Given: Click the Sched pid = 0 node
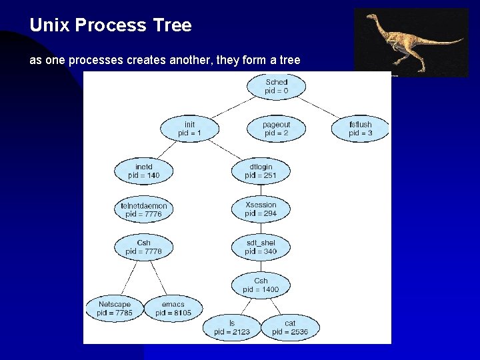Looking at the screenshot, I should click(x=276, y=86).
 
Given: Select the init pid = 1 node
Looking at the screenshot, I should click(x=189, y=129).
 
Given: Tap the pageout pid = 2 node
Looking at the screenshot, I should click(x=276, y=129).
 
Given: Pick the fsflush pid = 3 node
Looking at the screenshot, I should click(x=360, y=129).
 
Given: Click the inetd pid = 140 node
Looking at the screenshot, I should click(x=144, y=171).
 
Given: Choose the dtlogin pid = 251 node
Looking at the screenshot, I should click(x=261, y=171).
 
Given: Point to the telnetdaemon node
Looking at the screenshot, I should click(x=144, y=210).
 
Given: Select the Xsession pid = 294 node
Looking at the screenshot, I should click(x=261, y=209).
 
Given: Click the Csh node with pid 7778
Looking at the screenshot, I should click(x=144, y=247).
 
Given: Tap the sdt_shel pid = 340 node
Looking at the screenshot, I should click(x=261, y=247).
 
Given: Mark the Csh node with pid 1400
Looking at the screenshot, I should click(x=261, y=285).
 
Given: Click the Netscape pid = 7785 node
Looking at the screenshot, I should click(x=115, y=309).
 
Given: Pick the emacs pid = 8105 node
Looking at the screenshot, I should click(x=173, y=309).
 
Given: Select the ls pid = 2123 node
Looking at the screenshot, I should click(x=232, y=327).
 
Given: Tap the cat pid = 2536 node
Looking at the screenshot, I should click(x=290, y=327).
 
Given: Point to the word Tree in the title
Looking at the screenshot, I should click(x=173, y=26).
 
